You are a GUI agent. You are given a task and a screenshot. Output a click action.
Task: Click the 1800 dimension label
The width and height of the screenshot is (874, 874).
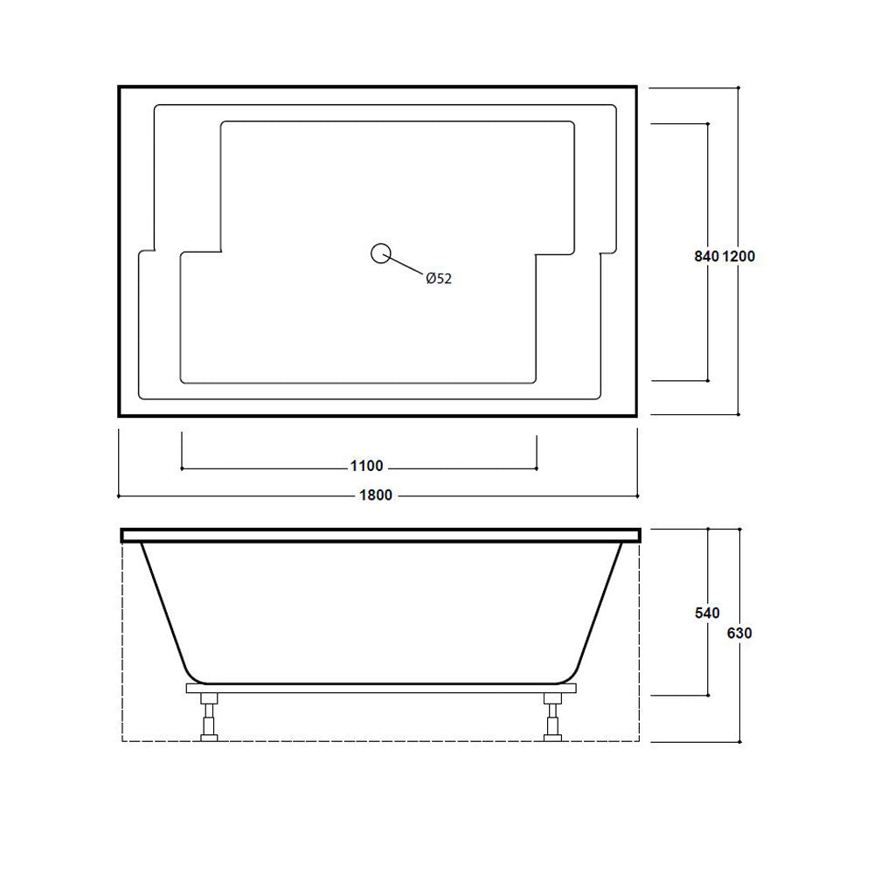pos(376,495)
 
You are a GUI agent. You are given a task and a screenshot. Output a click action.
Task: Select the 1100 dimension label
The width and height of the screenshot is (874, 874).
pos(366,466)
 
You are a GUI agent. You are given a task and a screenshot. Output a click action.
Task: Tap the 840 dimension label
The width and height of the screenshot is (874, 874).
pos(706,256)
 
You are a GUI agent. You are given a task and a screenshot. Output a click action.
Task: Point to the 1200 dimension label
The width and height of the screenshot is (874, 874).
pos(739,256)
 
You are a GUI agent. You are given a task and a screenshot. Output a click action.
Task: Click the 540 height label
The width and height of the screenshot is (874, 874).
pos(707,614)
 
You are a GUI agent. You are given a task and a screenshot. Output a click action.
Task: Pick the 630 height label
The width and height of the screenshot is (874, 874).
pos(739,633)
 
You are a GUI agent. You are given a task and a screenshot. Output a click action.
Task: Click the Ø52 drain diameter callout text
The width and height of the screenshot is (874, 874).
pos(439,279)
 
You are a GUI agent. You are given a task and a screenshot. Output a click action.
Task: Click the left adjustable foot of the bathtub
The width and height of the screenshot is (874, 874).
pos(209,718)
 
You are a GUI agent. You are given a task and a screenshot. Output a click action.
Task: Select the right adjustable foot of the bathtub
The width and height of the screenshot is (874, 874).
pos(553,718)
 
